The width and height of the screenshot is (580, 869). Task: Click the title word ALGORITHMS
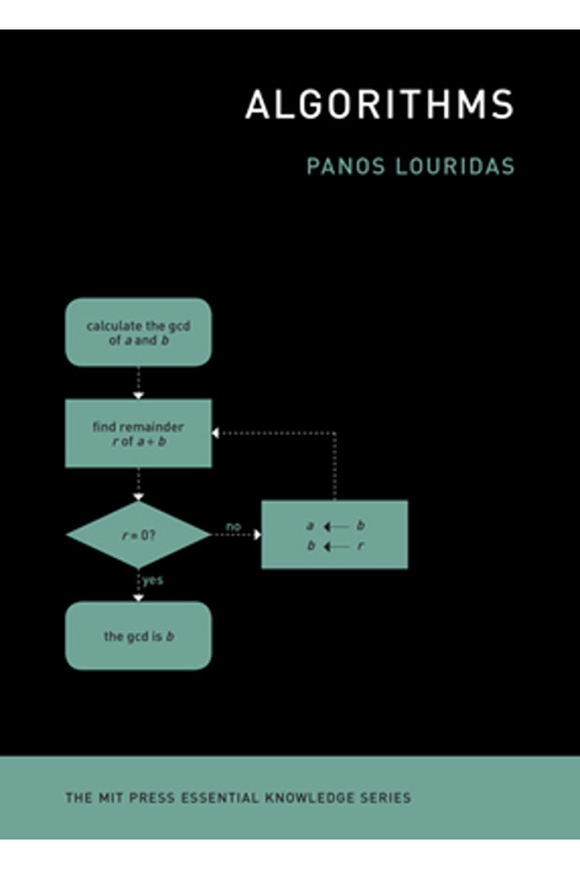379,105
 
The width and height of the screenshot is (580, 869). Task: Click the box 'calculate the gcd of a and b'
138,332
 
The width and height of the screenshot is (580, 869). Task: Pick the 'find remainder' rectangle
138,433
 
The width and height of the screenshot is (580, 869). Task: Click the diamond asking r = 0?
138,535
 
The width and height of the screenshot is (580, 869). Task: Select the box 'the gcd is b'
138,636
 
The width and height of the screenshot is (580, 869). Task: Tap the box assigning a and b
334,535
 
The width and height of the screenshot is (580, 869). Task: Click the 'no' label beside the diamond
233,526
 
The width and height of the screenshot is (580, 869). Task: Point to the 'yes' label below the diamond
152,580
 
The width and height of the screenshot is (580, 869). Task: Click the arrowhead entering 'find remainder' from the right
217,433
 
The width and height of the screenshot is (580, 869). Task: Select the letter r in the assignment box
361,546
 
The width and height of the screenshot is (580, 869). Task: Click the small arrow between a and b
335,526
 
